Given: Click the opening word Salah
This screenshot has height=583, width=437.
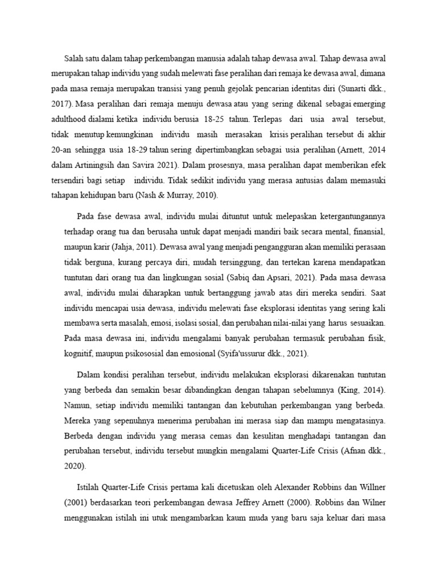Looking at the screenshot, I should pos(75,58).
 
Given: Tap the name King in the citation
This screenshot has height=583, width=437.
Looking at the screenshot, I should pos(344,392).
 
